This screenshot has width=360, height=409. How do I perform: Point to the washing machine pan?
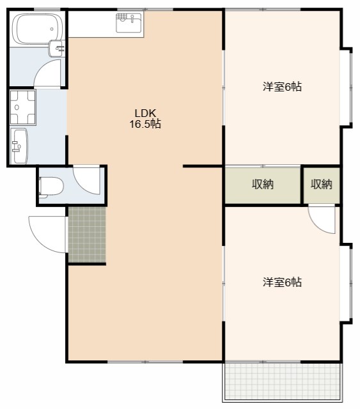coord(23,107)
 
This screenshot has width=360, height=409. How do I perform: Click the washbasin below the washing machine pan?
coord(19,146)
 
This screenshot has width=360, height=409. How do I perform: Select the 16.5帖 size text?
coord(145,125)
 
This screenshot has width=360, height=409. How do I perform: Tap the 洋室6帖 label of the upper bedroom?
coord(282,87)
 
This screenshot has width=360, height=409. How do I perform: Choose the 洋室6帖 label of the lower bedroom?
coord(282,282)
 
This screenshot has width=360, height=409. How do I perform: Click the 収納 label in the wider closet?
coord(262,185)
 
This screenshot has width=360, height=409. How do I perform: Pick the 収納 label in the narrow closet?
coord(322,185)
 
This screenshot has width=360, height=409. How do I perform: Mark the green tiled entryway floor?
coord(86,235)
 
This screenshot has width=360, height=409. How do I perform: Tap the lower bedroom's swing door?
coord(322,219)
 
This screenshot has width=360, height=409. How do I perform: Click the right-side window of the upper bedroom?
coord(349,86)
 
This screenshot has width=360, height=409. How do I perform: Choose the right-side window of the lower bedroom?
coord(349,282)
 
